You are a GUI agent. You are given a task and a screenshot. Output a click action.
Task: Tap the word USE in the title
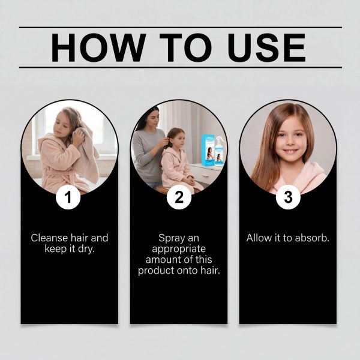[x=266, y=47]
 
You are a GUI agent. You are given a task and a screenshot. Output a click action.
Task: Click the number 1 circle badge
[x=68, y=197]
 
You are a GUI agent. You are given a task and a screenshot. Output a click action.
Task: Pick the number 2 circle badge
[x=179, y=197]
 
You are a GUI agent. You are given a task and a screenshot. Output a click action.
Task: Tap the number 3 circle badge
[x=288, y=197]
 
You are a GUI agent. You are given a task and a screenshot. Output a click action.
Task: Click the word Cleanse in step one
[x=49, y=238]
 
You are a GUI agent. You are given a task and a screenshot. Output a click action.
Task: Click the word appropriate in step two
[x=179, y=250]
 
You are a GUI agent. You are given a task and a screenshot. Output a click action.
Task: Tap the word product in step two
[x=157, y=271]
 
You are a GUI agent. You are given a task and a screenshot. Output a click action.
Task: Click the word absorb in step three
[x=312, y=238]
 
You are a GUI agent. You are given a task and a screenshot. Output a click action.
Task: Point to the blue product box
[x=208, y=150]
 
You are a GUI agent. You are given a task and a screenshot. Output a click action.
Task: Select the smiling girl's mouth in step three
[x=290, y=152]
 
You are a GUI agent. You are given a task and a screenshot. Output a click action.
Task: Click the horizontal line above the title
[x=181, y=28]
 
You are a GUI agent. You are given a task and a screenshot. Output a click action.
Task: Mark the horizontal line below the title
[x=181, y=67]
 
